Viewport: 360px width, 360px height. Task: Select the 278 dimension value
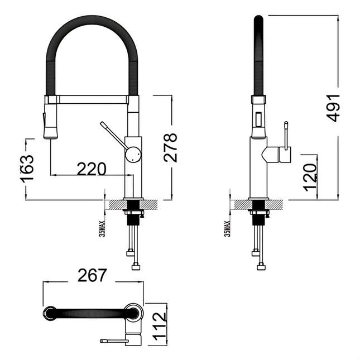pyautogui.click(x=171, y=147)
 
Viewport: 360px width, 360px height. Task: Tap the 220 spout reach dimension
pyautogui.click(x=91, y=168)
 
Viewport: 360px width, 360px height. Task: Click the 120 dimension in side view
pyautogui.click(x=311, y=177)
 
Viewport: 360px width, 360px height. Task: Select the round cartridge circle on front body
pyautogui.click(x=133, y=154)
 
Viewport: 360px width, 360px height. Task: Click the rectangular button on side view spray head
pyautogui.click(x=258, y=118)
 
